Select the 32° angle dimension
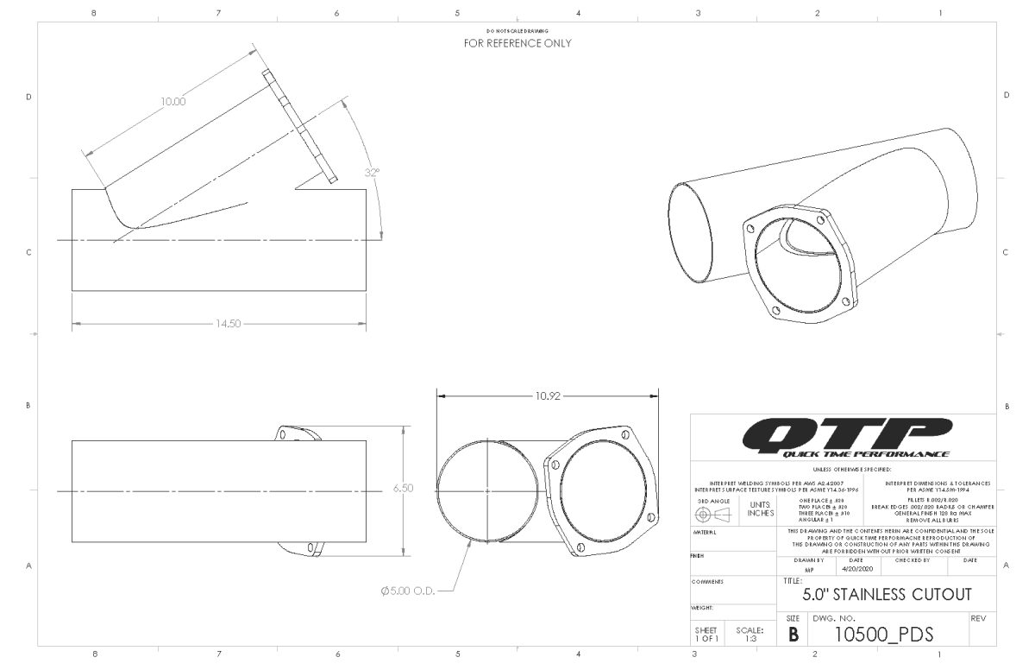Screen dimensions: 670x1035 372,172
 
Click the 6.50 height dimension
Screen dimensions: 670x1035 404,488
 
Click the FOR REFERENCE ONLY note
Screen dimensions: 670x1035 517,42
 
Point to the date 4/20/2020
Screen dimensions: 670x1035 851,570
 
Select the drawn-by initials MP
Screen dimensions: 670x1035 808,571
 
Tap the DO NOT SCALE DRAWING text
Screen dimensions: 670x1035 517,30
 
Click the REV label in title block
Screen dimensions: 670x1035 978,618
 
